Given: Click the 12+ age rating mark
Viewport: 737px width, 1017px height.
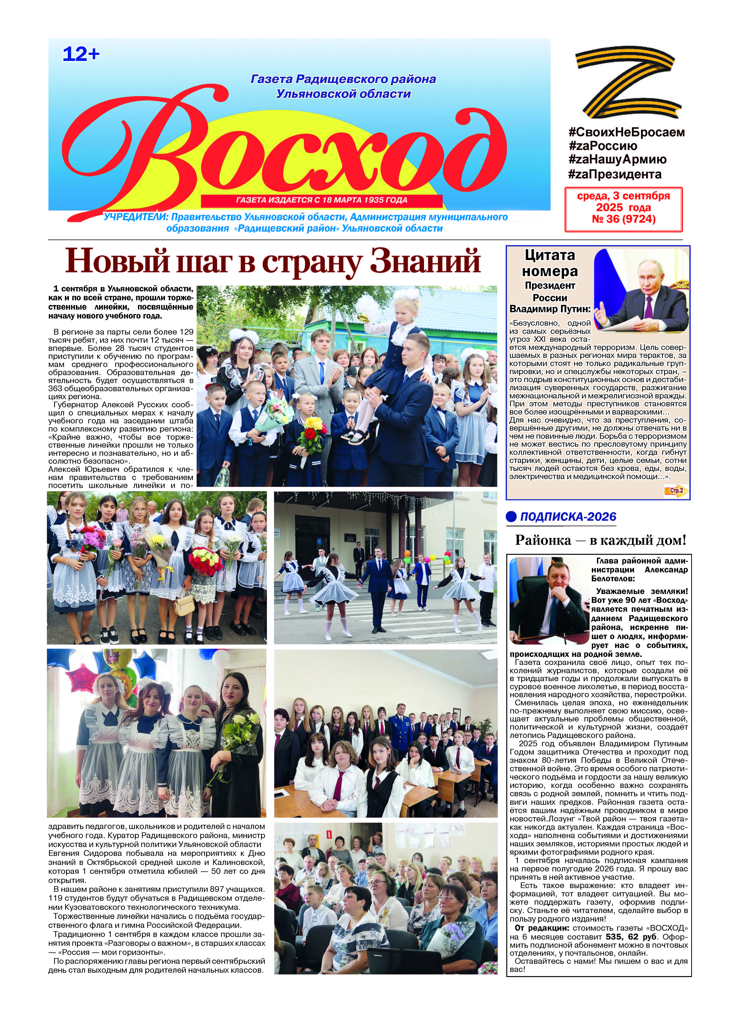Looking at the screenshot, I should [x=81, y=55].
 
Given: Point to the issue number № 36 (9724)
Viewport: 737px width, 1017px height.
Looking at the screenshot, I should [x=623, y=219].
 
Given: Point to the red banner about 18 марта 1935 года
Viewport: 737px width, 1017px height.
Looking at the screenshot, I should [x=321, y=200].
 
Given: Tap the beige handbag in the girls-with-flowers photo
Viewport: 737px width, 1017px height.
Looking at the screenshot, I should [x=184, y=606].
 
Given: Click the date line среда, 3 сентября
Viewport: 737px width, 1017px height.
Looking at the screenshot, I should [x=623, y=196].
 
